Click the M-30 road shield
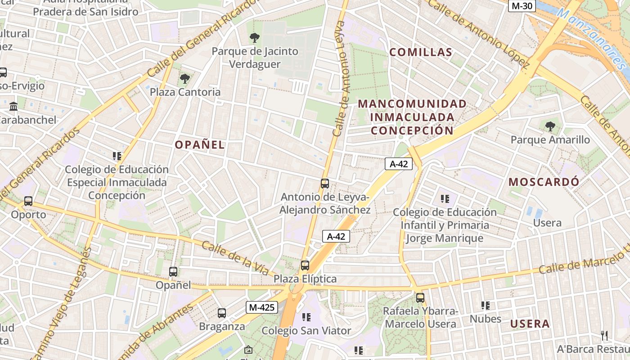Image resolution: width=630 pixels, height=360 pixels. [522, 6]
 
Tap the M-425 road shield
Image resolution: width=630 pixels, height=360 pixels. [262, 307]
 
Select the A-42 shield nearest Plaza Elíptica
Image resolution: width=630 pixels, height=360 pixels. [336, 236]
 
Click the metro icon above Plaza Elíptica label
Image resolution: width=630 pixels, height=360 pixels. [305, 265]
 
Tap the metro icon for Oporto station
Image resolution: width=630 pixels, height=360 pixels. [28, 201]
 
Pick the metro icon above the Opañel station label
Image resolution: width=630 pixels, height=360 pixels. [173, 272]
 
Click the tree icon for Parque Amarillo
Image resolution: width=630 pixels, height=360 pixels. [550, 126]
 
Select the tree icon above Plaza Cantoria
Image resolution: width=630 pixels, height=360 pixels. [184, 79]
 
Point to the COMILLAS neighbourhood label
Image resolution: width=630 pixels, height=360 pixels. [421, 52]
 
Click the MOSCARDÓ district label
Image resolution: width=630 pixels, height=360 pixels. [544, 182]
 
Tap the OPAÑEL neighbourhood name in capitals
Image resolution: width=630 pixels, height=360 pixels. [199, 145]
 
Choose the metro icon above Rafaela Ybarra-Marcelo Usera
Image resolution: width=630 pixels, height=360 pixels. [420, 297]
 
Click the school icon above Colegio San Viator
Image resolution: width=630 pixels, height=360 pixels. [306, 317]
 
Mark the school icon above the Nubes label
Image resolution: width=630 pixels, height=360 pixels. [485, 306]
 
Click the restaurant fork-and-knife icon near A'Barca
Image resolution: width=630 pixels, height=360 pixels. [604, 335]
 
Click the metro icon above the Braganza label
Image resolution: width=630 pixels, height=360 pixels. [221, 313]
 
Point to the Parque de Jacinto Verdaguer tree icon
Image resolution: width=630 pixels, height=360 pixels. [255, 38]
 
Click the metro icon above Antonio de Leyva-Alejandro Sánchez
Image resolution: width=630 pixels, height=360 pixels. [325, 184]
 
